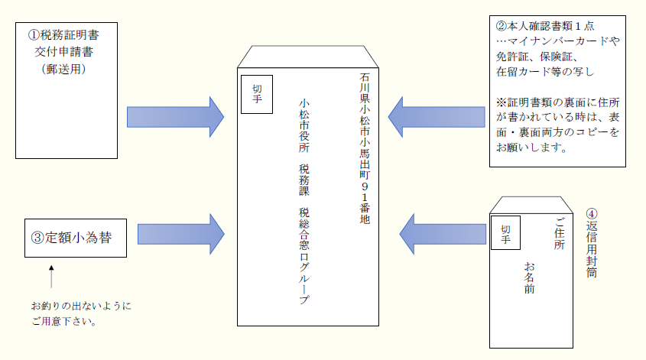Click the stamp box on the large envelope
[257, 94]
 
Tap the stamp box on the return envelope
[504, 234]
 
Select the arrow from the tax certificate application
[175, 117]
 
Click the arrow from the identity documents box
[437, 117]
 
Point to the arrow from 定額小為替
[181, 234]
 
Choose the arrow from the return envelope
[443, 234]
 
